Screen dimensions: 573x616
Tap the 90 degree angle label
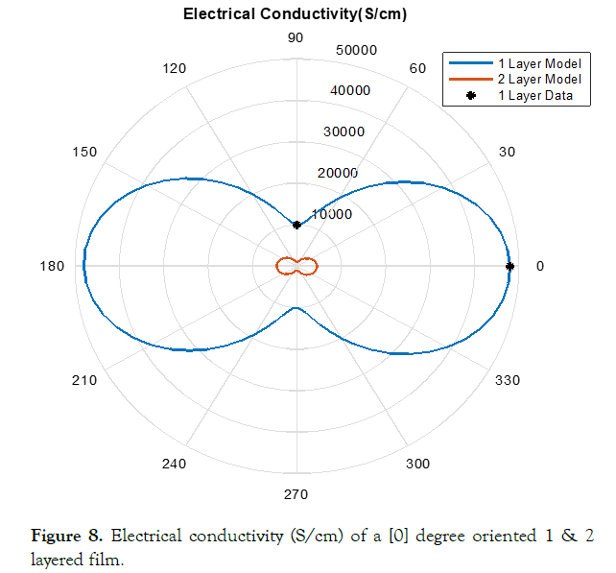click(296, 37)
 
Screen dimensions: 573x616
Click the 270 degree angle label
click(296, 494)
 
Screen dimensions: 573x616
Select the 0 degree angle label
click(539, 266)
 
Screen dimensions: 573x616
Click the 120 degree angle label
click(175, 68)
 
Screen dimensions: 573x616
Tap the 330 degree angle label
click(507, 380)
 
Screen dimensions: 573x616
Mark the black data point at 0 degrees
click(510, 266)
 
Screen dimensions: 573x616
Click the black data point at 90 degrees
click(296, 225)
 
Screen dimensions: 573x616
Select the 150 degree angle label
click(84, 152)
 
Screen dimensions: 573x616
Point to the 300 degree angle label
click(417, 464)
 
